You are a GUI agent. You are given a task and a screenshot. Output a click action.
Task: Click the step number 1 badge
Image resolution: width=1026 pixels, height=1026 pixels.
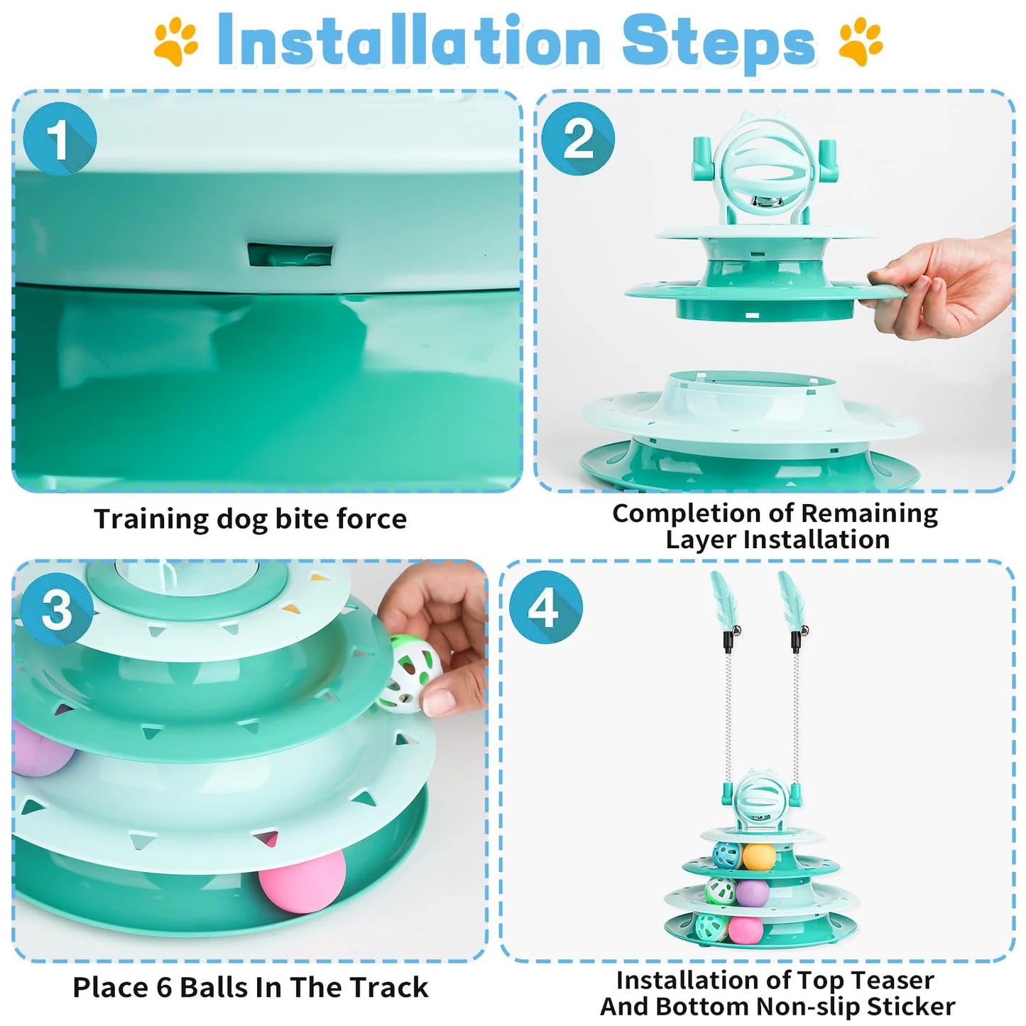click(x=60, y=138)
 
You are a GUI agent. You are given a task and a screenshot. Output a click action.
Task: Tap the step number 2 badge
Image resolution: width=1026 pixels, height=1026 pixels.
click(x=578, y=138)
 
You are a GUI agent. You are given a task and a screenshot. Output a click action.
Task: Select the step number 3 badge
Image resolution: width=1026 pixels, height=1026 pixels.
click(x=57, y=609)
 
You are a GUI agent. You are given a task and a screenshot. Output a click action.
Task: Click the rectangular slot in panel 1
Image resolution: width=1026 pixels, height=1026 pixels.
click(x=290, y=255)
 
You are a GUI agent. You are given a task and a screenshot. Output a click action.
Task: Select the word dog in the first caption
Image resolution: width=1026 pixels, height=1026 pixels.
click(x=243, y=519)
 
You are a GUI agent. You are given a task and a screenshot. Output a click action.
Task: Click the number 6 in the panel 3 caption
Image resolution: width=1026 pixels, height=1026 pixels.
click(x=164, y=988)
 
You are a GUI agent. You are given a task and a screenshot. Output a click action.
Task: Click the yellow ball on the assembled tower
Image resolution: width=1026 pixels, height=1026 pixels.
click(x=758, y=856)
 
